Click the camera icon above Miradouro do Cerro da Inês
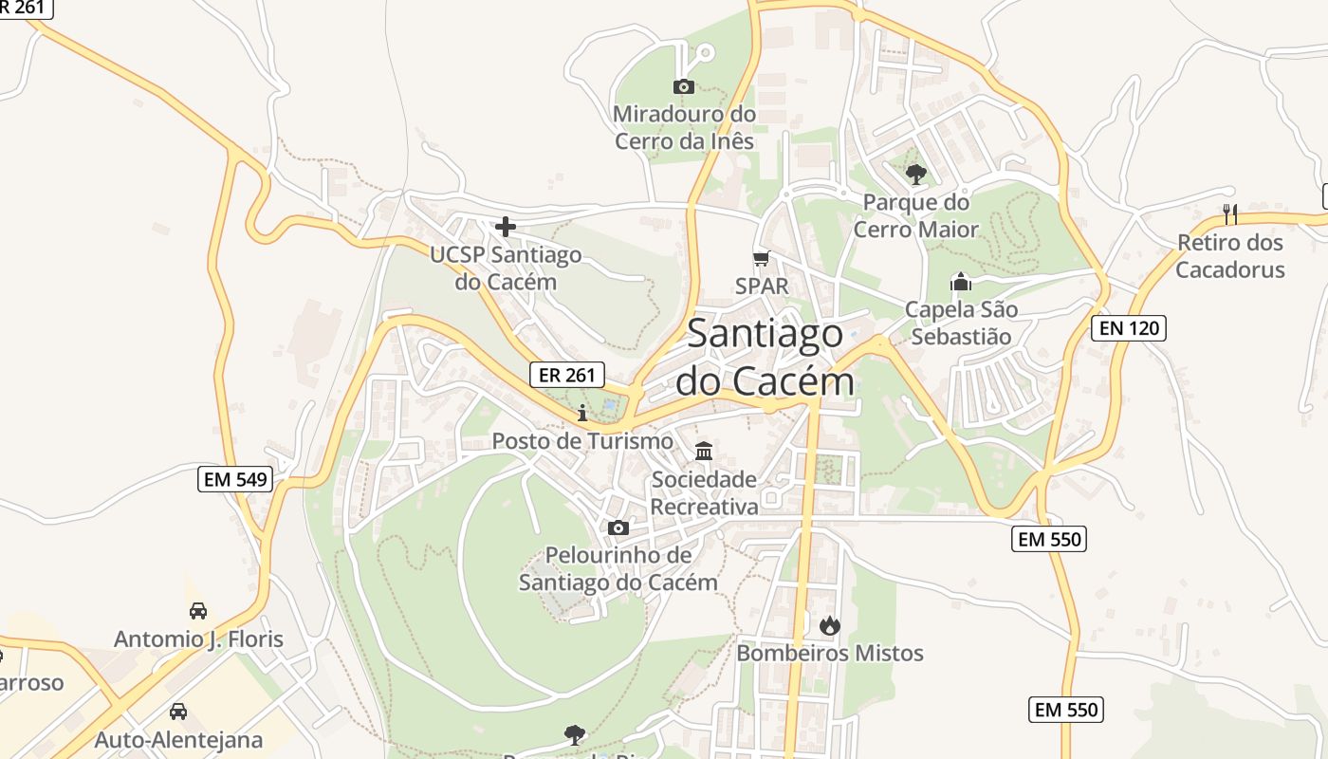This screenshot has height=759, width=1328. click(683, 87)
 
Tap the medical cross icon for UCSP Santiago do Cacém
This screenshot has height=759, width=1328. click(506, 227)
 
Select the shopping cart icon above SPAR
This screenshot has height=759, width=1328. click(760, 258)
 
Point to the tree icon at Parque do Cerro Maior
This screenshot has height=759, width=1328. click(915, 174)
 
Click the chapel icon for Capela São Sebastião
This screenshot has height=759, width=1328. click(961, 282)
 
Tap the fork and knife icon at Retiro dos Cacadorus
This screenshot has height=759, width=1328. click(1230, 213)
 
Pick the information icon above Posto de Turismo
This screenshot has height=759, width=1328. click(582, 413)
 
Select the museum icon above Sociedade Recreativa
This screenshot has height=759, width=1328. click(704, 451)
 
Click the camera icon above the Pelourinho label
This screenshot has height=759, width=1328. click(618, 528)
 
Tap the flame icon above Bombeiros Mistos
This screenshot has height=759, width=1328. click(829, 625)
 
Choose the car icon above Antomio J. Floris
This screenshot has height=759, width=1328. click(198, 611)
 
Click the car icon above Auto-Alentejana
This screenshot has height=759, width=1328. click(177, 712)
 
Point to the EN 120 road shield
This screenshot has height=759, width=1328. click(1129, 329)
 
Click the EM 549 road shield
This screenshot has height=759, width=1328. click(236, 479)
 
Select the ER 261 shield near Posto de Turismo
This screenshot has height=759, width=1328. click(566, 375)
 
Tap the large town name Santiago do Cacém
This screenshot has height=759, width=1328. click(765, 358)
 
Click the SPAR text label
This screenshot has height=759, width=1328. click(762, 286)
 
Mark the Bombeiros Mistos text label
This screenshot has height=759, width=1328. click(830, 653)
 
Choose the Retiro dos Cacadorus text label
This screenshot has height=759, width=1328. click(1230, 256)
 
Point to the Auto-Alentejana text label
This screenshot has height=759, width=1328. click(178, 740)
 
